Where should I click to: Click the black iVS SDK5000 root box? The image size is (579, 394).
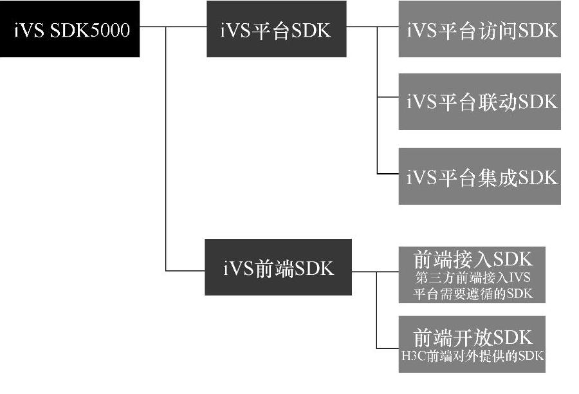(69, 30)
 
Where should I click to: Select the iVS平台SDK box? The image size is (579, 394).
(276, 30)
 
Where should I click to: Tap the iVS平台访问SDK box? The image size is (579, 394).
(479, 30)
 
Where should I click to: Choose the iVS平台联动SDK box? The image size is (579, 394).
(479, 102)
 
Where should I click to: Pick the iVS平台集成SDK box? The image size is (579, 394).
(479, 176)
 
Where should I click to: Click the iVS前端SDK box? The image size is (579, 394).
(278, 267)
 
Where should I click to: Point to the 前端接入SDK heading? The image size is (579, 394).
(472, 259)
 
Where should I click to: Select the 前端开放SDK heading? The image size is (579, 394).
(472, 337)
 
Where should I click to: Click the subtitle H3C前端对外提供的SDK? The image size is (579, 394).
(472, 355)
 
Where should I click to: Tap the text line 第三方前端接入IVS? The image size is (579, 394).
(472, 279)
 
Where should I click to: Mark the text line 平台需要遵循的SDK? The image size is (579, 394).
(472, 295)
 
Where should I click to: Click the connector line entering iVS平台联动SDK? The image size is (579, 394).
(387, 98)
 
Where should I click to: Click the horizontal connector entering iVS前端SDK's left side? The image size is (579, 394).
(185, 270)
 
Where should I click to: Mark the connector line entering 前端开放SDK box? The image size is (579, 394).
(387, 348)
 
